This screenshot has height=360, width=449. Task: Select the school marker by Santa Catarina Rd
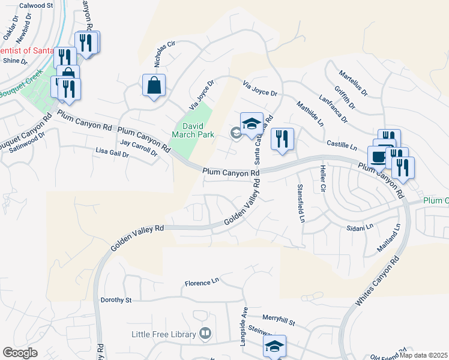click(252, 124)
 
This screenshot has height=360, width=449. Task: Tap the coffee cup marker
click(377, 157)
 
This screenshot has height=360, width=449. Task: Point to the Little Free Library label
click(164, 334)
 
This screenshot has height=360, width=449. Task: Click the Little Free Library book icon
click(205, 333)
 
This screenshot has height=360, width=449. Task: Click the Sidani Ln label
click(360, 227)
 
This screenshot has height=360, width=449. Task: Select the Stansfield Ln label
click(301, 203)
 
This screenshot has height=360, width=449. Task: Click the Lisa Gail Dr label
click(112, 153)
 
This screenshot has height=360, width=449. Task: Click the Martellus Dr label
click(352, 83)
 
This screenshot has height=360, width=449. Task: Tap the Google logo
click(20, 353)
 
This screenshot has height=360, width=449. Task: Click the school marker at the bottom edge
click(274, 346)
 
